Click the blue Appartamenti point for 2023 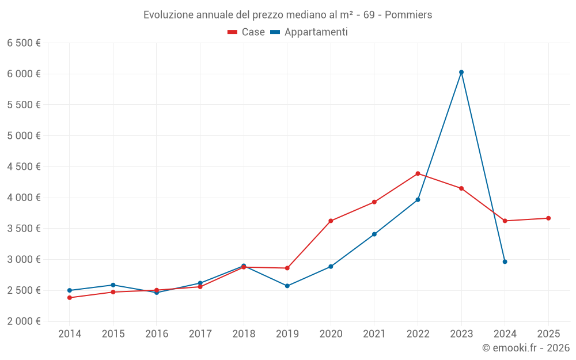coord(461,72)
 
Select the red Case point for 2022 coord(418,173)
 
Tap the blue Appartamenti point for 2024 coord(505,262)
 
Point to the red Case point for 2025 coord(548,218)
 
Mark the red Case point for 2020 coord(331,221)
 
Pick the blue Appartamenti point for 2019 coord(287,286)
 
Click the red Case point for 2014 coord(70,298)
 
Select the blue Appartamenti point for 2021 coord(374,234)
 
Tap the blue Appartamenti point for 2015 coord(113,285)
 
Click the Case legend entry coord(247,32)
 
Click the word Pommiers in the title coord(408,15)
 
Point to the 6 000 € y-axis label coord(24,74)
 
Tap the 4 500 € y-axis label coord(24,166)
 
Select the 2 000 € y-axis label coord(24,321)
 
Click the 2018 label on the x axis coord(244,334)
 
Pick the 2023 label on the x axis coord(461,334)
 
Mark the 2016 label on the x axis coord(157,334)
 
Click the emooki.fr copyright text coord(526,348)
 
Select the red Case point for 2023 coord(461,188)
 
